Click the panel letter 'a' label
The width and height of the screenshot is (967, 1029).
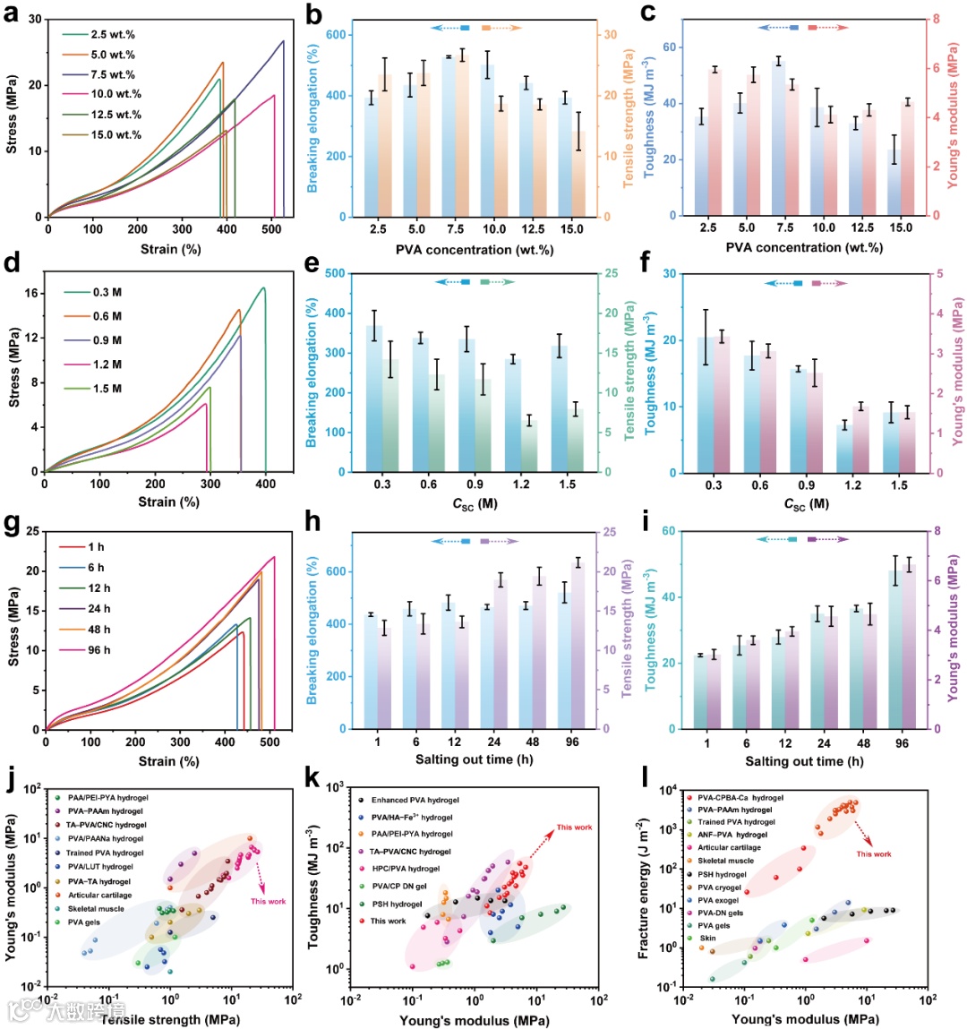13,15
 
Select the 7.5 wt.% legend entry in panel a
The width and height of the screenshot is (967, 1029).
112,74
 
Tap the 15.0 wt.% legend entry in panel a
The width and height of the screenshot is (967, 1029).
116,134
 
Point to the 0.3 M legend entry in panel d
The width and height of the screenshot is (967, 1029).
107,292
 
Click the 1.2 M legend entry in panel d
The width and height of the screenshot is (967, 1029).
107,364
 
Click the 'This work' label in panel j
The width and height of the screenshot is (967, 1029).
268,901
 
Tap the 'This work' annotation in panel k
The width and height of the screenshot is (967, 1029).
574,827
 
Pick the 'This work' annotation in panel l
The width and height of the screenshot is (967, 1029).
873,853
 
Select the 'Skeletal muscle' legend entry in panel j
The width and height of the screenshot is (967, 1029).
96,908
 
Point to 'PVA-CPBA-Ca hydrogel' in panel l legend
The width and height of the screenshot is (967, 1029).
740,797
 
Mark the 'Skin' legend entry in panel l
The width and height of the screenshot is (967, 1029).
707,939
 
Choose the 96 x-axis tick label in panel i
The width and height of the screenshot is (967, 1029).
902,742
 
